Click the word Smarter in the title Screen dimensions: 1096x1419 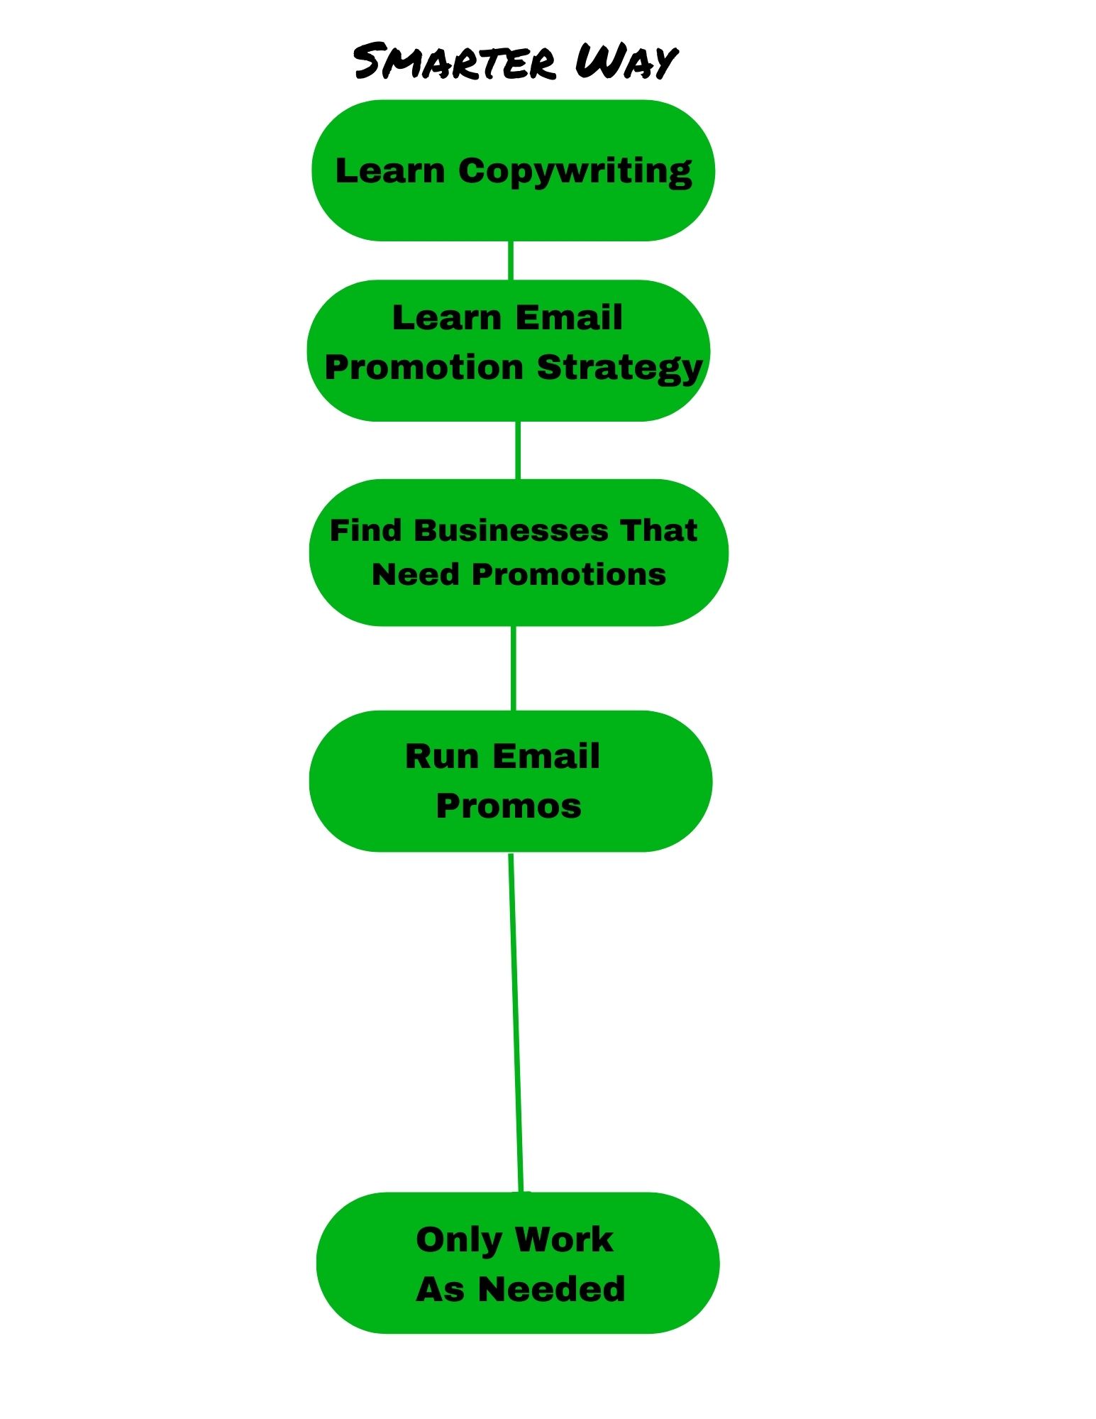click(455, 61)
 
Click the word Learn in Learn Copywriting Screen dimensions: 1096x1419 click(390, 171)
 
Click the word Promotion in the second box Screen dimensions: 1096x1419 click(424, 368)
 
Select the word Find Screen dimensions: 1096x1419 click(366, 530)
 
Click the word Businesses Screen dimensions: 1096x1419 click(511, 531)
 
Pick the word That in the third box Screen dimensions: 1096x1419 click(659, 530)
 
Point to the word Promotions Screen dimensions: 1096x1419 click(569, 574)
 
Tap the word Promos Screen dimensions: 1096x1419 click(509, 806)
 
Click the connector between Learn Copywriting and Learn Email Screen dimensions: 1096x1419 click(511, 261)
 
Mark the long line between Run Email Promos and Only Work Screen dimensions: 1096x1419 click(516, 1023)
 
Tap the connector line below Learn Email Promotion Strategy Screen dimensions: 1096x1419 click(517, 450)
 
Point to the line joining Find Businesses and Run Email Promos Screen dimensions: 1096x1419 click(514, 669)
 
